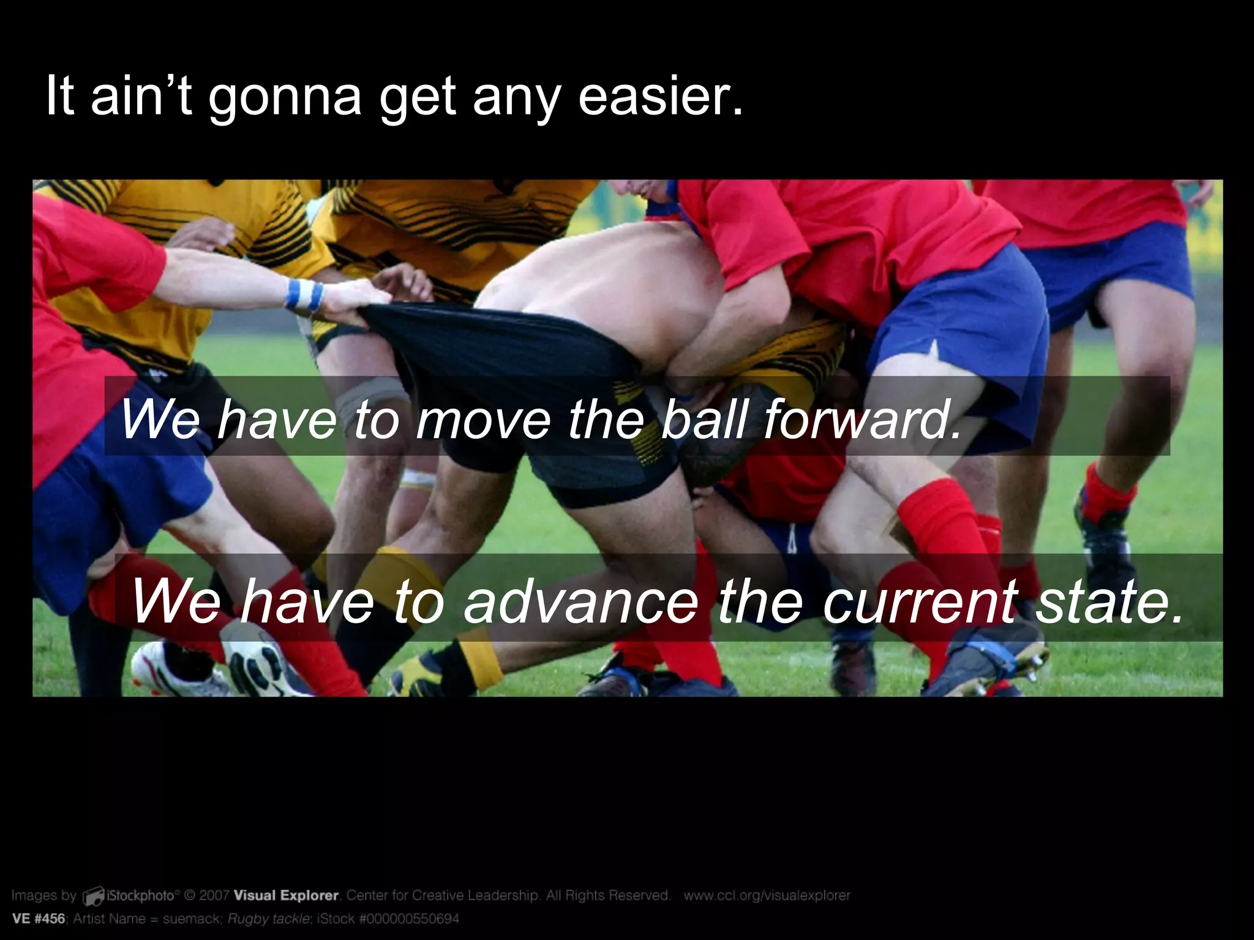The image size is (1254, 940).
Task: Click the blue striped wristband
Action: pyautogui.click(x=304, y=295)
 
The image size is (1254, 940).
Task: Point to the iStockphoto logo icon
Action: pyautogui.click(x=94, y=897)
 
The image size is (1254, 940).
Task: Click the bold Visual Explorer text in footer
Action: pyautogui.click(x=286, y=895)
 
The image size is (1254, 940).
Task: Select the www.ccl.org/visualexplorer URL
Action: pyautogui.click(x=767, y=895)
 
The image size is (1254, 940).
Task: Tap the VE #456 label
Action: pyautogui.click(x=38, y=919)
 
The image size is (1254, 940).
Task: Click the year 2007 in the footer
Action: pyautogui.click(x=214, y=895)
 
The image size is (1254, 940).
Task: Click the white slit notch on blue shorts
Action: pyautogui.click(x=934, y=349)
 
